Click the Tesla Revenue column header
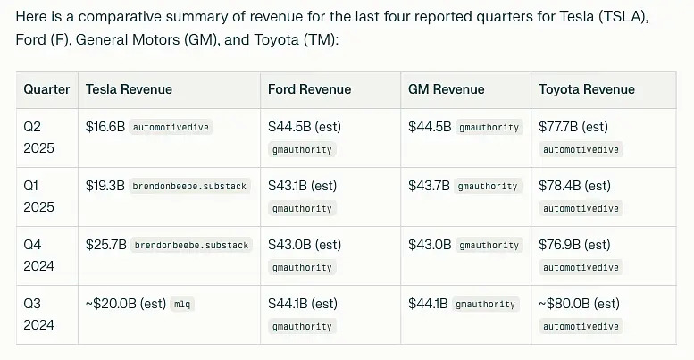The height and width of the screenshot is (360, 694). coord(129,89)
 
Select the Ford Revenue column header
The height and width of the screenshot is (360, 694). coord(309,89)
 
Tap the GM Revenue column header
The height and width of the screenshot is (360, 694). coord(446,89)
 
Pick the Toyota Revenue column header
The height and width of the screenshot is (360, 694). coord(586,89)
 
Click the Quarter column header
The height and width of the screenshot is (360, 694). coord(46,89)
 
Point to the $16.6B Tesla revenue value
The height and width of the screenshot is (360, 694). coord(105,127)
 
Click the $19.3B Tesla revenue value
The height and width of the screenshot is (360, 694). coord(105,186)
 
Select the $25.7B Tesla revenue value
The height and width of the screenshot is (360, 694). coord(105,244)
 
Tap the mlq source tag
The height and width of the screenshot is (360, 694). coord(182,304)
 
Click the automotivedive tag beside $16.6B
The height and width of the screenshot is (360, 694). coord(171,128)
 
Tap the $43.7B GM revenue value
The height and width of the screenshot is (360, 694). coord(428,186)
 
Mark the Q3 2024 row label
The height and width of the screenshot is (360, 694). coord(38,314)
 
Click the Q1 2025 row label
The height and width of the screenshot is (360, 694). coord(38,196)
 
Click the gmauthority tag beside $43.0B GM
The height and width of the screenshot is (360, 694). coord(488,245)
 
